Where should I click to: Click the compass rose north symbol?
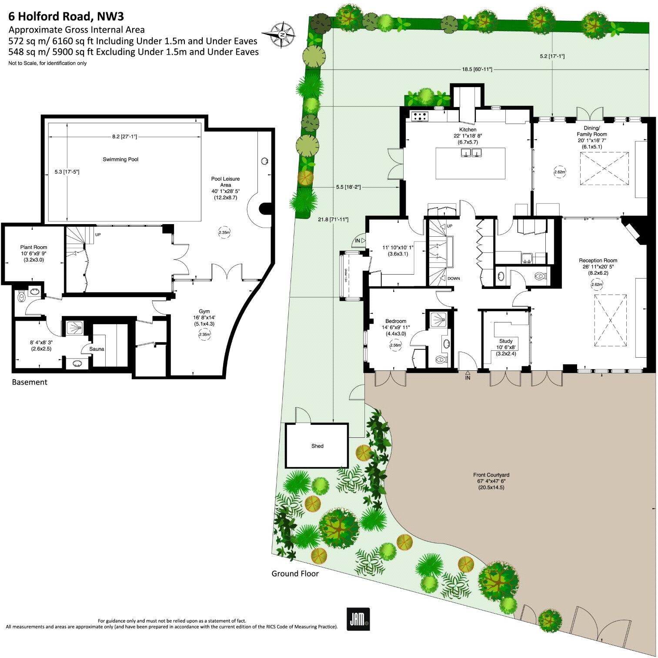click(282, 34)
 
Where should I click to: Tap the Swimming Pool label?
click(120, 159)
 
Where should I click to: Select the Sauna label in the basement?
click(97, 349)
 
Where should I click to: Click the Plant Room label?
click(33, 247)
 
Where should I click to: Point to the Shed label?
click(317, 446)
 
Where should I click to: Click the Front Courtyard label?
click(491, 475)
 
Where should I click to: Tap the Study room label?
click(506, 341)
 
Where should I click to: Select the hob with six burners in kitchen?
click(420, 116)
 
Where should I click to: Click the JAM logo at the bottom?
click(358, 619)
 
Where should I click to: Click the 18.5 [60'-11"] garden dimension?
click(477, 69)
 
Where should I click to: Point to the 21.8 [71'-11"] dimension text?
click(333, 219)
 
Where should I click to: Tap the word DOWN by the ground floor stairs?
click(453, 279)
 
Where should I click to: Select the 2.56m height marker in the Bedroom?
click(396, 345)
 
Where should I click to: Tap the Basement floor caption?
click(30, 382)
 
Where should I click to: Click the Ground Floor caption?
click(295, 574)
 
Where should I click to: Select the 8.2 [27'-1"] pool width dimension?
click(124, 137)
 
